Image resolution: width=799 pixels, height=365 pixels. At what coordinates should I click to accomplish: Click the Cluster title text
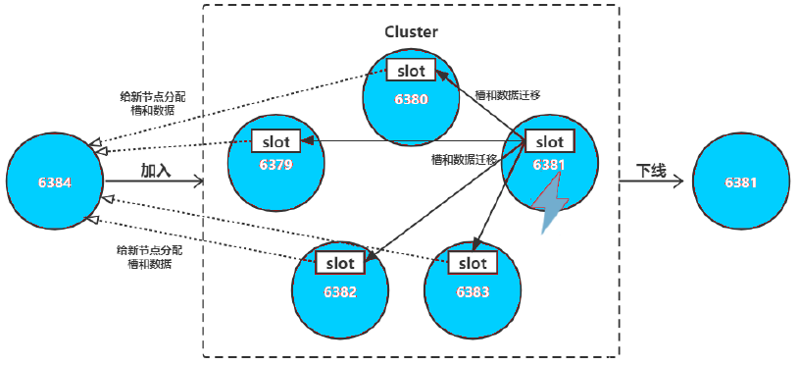click(411, 31)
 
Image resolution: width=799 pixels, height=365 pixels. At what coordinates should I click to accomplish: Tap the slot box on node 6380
click(411, 70)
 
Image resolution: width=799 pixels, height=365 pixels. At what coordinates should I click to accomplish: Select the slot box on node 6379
click(276, 140)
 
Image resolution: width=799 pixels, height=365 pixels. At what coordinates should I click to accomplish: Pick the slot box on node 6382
click(340, 262)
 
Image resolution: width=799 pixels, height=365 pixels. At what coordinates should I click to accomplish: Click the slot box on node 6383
click(473, 262)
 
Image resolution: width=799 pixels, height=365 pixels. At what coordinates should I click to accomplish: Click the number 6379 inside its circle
click(276, 164)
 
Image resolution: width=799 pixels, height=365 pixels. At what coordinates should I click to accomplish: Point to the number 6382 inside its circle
click(340, 291)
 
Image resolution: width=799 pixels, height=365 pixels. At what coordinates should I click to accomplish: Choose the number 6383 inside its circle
click(473, 291)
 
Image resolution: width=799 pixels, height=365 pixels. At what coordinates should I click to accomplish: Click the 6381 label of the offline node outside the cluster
click(742, 182)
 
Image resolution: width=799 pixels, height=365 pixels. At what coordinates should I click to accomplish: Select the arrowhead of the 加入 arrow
click(199, 182)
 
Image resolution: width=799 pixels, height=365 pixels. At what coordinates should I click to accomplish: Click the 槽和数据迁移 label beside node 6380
click(508, 95)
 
